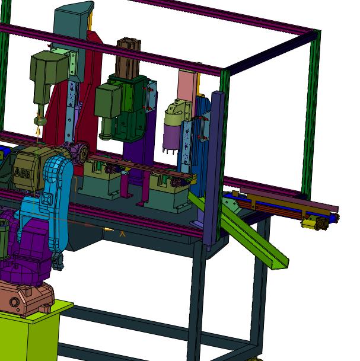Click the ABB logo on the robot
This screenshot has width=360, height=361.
(x=23, y=173)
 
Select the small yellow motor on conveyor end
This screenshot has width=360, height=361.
(x=309, y=224)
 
